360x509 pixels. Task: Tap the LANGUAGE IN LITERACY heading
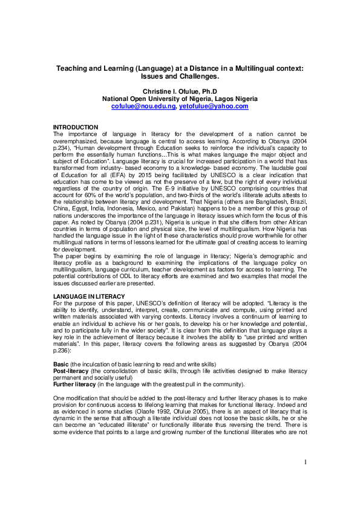pos(89,296)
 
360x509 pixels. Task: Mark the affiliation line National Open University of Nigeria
pos(180,98)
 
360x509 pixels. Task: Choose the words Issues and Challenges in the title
pos(180,77)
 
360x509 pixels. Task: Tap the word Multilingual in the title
pos(245,69)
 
